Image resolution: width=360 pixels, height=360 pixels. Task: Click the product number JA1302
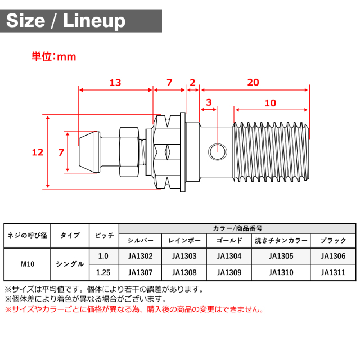[141, 256]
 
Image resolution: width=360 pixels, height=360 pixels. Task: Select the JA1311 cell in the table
[334, 273]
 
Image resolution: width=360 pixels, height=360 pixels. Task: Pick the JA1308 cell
[184, 273]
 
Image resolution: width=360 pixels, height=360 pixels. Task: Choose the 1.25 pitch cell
[103, 273]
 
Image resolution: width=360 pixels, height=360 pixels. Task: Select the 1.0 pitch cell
[103, 256]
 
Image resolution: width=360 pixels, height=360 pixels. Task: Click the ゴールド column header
[229, 240]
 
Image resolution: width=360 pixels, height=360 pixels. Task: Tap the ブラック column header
[334, 240]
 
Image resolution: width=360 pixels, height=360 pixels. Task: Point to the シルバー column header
[141, 240]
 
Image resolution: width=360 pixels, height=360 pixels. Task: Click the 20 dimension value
[253, 82]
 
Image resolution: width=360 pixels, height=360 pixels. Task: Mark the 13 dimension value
[115, 82]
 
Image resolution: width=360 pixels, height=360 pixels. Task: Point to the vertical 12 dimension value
[38, 152]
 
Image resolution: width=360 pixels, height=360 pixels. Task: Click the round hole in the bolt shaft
[217, 150]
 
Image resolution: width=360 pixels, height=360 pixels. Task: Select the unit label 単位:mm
[53, 57]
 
